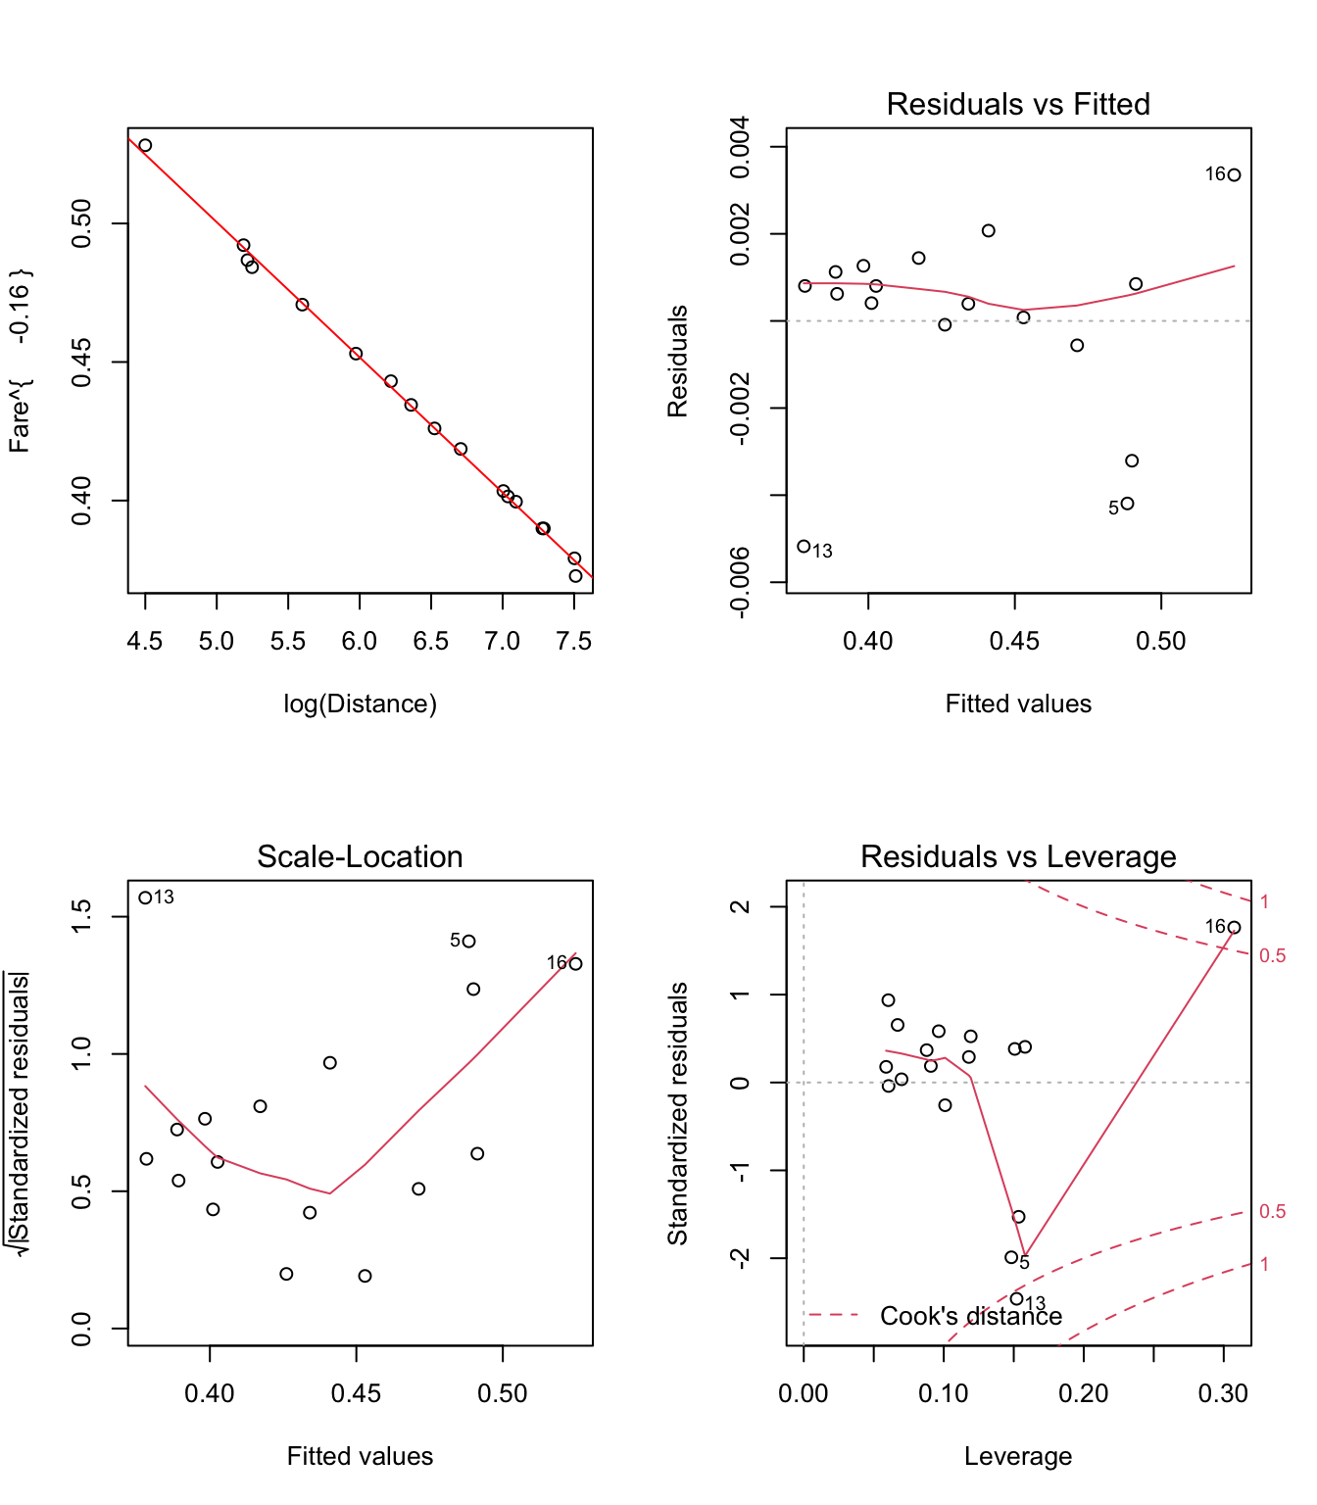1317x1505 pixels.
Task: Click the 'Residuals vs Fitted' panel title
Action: [x=1018, y=104]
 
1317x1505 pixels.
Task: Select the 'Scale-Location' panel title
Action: [x=360, y=856]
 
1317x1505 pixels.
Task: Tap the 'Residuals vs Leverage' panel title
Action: [x=1018, y=856]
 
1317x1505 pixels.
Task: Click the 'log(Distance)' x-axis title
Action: [x=360, y=704]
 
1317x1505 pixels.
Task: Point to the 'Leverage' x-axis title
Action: [x=1018, y=1456]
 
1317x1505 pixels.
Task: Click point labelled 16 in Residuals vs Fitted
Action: [x=1235, y=175]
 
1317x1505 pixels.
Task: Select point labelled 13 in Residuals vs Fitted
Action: [x=804, y=547]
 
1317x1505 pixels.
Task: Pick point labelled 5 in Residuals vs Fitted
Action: [x=1128, y=504]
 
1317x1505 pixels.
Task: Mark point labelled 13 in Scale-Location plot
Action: [x=145, y=898]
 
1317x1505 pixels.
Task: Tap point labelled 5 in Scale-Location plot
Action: [x=469, y=942]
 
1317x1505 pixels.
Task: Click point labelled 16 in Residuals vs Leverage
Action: [x=1235, y=928]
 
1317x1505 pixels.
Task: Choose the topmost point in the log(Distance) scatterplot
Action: [x=145, y=145]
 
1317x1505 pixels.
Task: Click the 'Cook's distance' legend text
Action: [x=970, y=1316]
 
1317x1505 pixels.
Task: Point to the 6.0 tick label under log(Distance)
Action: [x=360, y=641]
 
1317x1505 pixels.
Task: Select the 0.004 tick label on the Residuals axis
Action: [x=741, y=147]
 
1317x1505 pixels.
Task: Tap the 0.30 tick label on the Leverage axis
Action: [x=1223, y=1393]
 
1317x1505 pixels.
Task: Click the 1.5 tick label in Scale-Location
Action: [x=82, y=917]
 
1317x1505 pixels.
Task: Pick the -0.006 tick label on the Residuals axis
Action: [x=741, y=582]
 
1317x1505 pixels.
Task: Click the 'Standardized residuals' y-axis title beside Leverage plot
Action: [x=678, y=1113]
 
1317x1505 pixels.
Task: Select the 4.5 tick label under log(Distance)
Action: [x=145, y=641]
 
